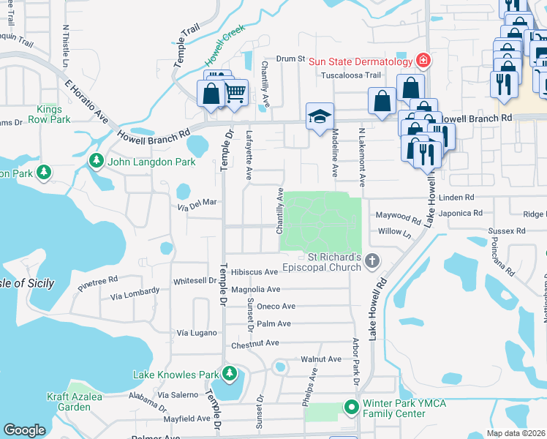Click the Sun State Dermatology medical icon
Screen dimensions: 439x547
pos(423,59)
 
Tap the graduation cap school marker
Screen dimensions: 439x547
pos(319,116)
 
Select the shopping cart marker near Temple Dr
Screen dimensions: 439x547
pos(234,93)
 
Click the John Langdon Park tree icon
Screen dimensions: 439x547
pos(96,160)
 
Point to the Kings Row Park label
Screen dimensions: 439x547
pos(50,113)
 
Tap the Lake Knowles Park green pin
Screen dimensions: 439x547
pos(230,374)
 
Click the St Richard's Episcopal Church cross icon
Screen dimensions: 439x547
pos(372,260)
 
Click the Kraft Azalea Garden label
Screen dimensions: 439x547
pos(94,401)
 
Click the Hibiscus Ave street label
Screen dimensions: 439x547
pos(254,272)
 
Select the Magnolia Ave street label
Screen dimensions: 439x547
pos(255,290)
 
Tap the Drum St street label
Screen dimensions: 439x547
pos(290,59)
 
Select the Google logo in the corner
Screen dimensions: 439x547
pos(24,430)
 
